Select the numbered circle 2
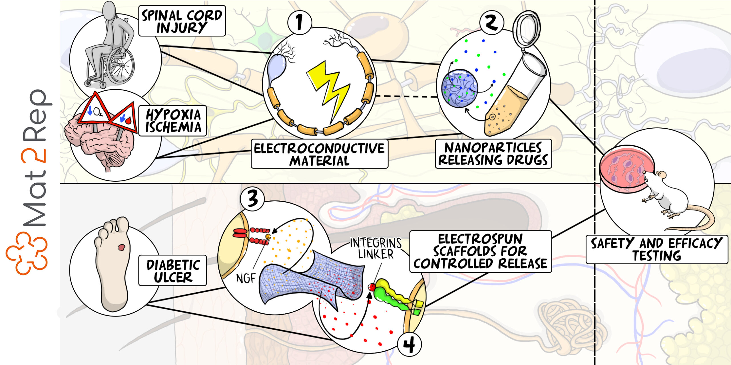pos(491,23)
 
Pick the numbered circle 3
pos(252,199)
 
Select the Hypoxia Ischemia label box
pos(173,121)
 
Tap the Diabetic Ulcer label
pos(173,271)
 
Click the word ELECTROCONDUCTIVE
pos(319,149)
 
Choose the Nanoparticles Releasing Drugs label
pos(493,154)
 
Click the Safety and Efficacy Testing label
pos(656,249)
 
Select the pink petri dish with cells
pos(625,168)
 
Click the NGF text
pos(246,278)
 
